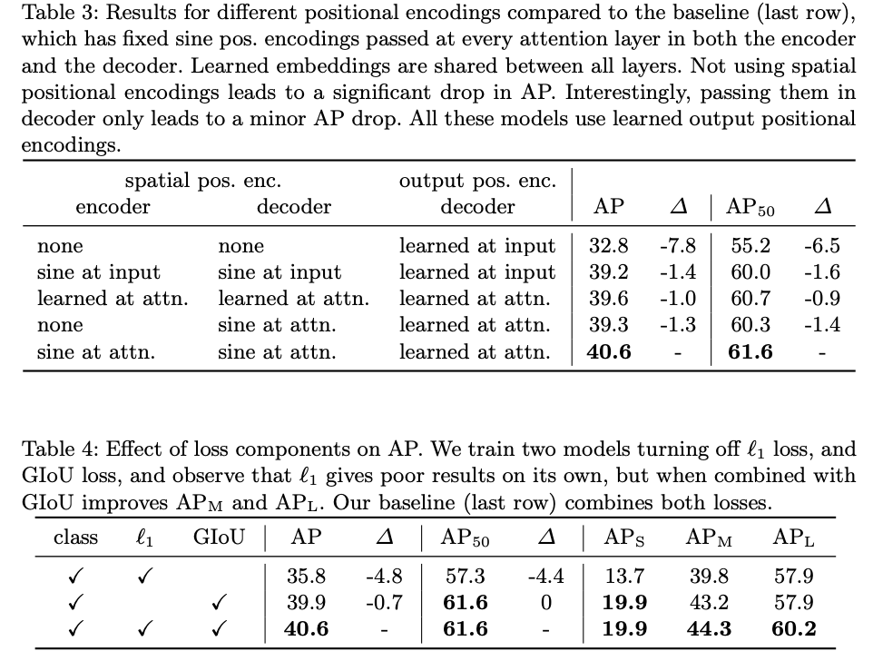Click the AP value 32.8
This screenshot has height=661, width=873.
(609, 245)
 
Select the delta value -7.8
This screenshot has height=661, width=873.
(677, 245)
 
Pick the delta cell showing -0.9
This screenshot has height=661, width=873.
(821, 298)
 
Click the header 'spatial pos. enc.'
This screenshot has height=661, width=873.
(202, 181)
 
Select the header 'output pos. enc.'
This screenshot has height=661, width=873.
(477, 181)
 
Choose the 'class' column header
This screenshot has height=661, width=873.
(76, 538)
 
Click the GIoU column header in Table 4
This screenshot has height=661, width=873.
(219, 538)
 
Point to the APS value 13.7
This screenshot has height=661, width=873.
(624, 576)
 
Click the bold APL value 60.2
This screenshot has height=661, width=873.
(793, 628)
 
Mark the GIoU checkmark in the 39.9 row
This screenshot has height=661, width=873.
(218, 602)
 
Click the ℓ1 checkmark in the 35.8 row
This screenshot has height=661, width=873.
(145, 576)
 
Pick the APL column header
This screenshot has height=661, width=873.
(793, 538)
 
